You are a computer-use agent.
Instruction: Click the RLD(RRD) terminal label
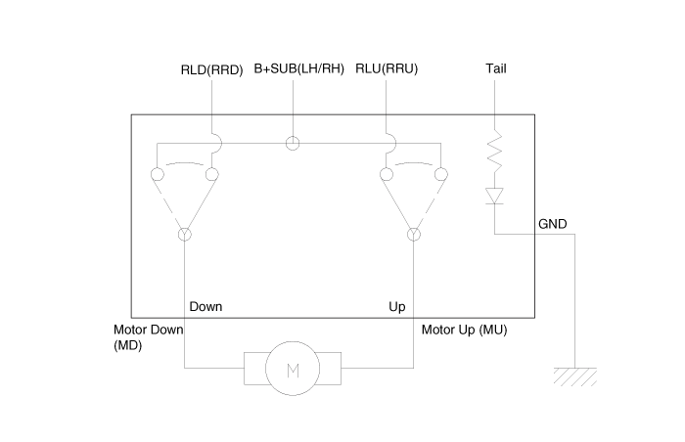[x=210, y=69]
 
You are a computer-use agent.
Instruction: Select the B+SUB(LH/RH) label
[x=299, y=69]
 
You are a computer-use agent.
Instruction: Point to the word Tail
[x=495, y=69]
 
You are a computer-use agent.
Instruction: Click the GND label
[x=552, y=224]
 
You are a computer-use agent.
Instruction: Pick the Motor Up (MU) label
[x=465, y=330]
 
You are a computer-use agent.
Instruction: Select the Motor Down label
[x=149, y=330]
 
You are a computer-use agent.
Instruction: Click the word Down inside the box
[x=205, y=306]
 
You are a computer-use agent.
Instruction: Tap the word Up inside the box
[x=397, y=306]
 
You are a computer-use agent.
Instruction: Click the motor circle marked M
[x=293, y=369]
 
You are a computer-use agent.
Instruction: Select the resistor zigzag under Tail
[x=495, y=153]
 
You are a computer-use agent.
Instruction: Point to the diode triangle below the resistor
[x=495, y=196]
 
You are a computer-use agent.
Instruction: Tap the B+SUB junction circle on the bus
[x=293, y=144]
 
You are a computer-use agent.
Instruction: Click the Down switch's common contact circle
[x=184, y=235]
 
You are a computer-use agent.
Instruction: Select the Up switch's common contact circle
[x=413, y=235]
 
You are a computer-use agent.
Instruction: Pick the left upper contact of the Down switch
[x=157, y=175]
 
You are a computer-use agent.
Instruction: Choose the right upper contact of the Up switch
[x=440, y=175]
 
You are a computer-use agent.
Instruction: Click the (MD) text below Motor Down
[x=128, y=345]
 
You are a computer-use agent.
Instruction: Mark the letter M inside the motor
[x=293, y=369]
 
